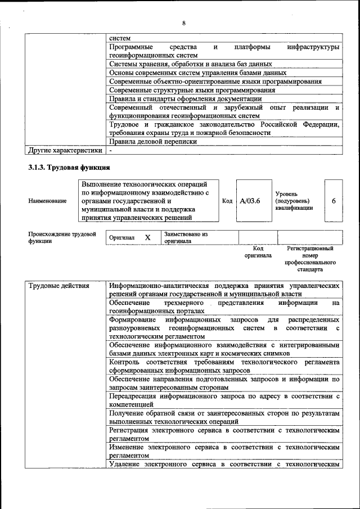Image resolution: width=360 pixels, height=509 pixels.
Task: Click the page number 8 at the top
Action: point(183,23)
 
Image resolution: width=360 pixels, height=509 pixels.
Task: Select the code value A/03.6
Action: point(249,201)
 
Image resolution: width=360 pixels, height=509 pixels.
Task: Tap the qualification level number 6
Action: point(333,201)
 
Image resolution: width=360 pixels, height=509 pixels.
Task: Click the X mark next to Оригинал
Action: point(147,237)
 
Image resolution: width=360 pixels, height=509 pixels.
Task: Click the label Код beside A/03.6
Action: point(227,201)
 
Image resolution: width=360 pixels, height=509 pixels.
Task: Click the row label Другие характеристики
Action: point(65,150)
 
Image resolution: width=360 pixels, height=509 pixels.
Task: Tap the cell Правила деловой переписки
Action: point(153,142)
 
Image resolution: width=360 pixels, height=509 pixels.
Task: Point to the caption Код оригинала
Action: point(258,251)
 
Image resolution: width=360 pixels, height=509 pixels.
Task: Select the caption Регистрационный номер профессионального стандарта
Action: point(310,259)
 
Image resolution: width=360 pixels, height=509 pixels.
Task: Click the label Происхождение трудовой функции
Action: point(62,237)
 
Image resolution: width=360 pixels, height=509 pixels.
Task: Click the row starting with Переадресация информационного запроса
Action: point(224,400)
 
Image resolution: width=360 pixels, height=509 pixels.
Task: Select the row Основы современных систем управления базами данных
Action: point(198,73)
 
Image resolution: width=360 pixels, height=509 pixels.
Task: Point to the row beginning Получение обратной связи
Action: point(224,417)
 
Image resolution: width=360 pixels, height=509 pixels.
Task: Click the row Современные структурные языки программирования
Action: point(192,90)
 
